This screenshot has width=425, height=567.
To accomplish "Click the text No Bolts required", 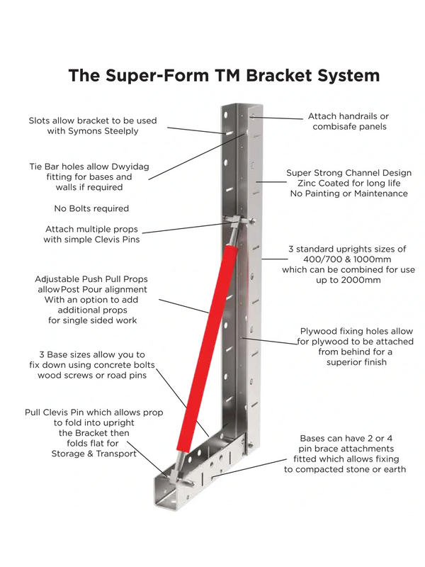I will tap(91, 208).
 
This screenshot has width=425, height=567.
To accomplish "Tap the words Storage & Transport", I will tap(94, 454).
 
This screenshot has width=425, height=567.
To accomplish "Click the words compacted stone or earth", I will tap(345, 469).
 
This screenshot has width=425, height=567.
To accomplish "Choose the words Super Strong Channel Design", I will tap(349, 172).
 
